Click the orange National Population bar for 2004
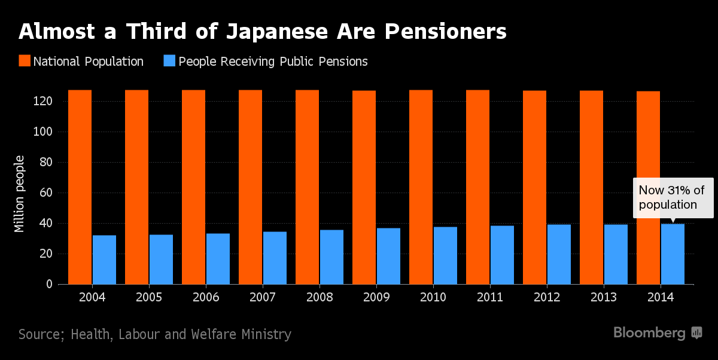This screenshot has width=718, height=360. (80, 187)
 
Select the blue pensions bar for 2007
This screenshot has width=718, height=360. (275, 258)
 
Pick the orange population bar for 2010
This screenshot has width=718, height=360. (421, 187)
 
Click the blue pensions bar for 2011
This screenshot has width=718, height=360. (502, 255)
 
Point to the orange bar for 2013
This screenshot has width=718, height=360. (591, 187)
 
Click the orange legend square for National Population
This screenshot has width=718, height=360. (25, 61)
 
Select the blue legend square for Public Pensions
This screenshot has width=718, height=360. (170, 61)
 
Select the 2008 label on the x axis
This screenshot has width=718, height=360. (319, 298)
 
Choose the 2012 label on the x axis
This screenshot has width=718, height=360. (546, 298)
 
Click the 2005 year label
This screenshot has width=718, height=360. (148, 298)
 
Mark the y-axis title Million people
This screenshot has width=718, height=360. (20, 193)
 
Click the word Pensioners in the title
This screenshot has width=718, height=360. (446, 31)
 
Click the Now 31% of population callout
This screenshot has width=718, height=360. (673, 198)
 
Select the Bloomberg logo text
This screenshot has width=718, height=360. (649, 333)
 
